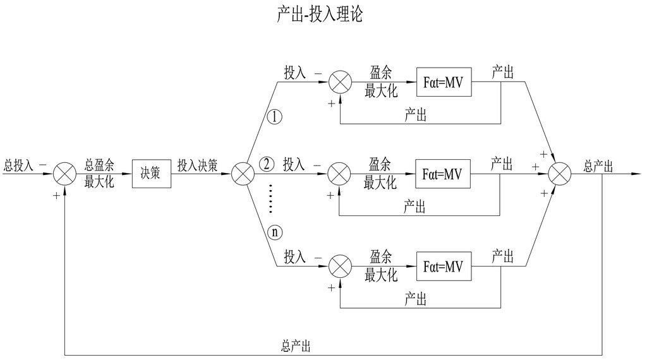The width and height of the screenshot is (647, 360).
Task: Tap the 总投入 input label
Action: pos(18,165)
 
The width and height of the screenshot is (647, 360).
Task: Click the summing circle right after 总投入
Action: pos(64,173)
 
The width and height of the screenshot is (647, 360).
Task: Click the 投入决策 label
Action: pos(197,165)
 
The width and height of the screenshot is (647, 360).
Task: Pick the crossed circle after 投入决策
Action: pos(243,173)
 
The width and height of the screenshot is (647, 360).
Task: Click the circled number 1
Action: pos(275,117)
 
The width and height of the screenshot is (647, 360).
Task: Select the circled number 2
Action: pos(267,165)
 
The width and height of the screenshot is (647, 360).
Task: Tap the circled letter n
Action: pos(275,232)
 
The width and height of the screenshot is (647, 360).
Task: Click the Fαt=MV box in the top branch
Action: pos(444,82)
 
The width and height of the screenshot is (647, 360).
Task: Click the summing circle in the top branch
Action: pos(342,82)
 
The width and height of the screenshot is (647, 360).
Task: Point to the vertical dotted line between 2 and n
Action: pos(270,198)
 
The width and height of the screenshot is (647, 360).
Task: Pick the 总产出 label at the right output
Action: pos(598,165)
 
